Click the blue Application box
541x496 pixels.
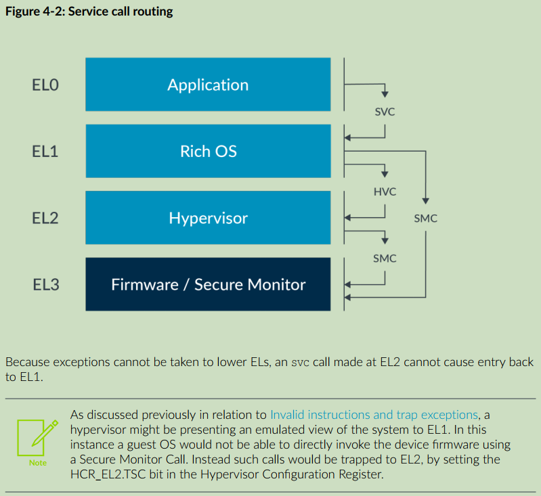tap(208, 85)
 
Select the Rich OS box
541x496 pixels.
tap(208, 151)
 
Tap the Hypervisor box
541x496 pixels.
tap(208, 218)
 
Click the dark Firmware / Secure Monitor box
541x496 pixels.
tap(208, 284)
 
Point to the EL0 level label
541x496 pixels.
tap(45, 85)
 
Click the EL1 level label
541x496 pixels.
tap(45, 152)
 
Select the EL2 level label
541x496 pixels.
tap(45, 218)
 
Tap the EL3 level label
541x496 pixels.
tap(45, 285)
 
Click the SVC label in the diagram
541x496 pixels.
tap(385, 112)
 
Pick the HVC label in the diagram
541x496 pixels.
tap(385, 191)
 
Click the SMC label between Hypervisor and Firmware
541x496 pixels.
tap(385, 258)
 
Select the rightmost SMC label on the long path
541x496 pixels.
tap(425, 218)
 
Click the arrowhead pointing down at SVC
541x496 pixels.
tap(385, 95)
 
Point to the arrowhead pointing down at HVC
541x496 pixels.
tap(385, 175)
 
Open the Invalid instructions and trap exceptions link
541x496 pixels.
tap(374, 415)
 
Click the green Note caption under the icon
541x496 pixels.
tap(37, 463)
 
